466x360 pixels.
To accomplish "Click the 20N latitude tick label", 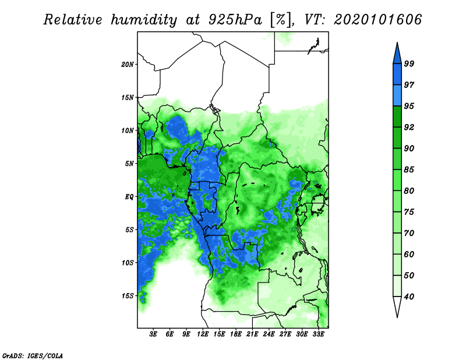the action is pyautogui.click(x=128, y=64).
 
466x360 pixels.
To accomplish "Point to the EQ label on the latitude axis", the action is pyautogui.click(x=129, y=196).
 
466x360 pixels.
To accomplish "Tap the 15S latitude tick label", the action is pyautogui.click(x=128, y=296).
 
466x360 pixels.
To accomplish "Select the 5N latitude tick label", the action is pyautogui.click(x=129, y=164).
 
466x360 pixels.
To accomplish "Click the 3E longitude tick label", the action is pyautogui.click(x=153, y=334).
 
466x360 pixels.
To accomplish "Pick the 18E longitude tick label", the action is pyautogui.click(x=236, y=334).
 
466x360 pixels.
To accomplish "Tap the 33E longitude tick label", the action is pyautogui.click(x=318, y=334).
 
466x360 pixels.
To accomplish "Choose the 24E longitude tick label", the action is pyautogui.click(x=269, y=334).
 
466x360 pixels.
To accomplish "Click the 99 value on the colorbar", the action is pyautogui.click(x=409, y=63).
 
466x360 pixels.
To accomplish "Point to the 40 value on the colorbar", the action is pyautogui.click(x=409, y=297).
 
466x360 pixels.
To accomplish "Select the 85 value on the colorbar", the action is pyautogui.click(x=409, y=170).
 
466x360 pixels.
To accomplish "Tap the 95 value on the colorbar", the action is pyautogui.click(x=409, y=106).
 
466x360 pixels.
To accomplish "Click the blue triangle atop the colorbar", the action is pyautogui.click(x=397, y=55).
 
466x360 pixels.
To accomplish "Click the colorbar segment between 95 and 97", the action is pyautogui.click(x=397, y=96).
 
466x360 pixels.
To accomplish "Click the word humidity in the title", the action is pyautogui.click(x=144, y=20).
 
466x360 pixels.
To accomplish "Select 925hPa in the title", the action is pyautogui.click(x=235, y=20).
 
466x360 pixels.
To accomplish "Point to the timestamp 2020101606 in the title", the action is pyautogui.click(x=377, y=20).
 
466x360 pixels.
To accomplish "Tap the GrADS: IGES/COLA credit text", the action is pyautogui.click(x=33, y=355).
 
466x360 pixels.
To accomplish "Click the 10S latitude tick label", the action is pyautogui.click(x=128, y=263).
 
